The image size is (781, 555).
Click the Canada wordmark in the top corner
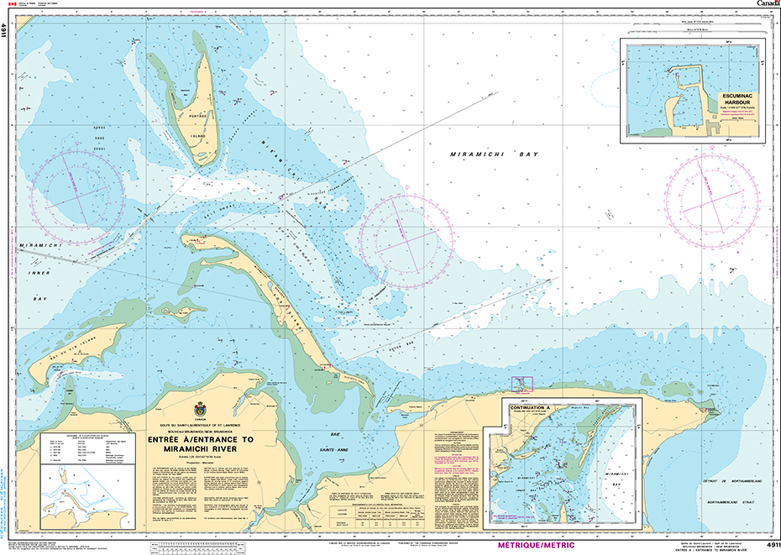pos(766,4)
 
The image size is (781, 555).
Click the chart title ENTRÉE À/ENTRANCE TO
pos(199,439)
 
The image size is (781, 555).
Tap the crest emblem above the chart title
pos(199,410)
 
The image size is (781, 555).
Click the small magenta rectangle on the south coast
pos(522,384)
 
